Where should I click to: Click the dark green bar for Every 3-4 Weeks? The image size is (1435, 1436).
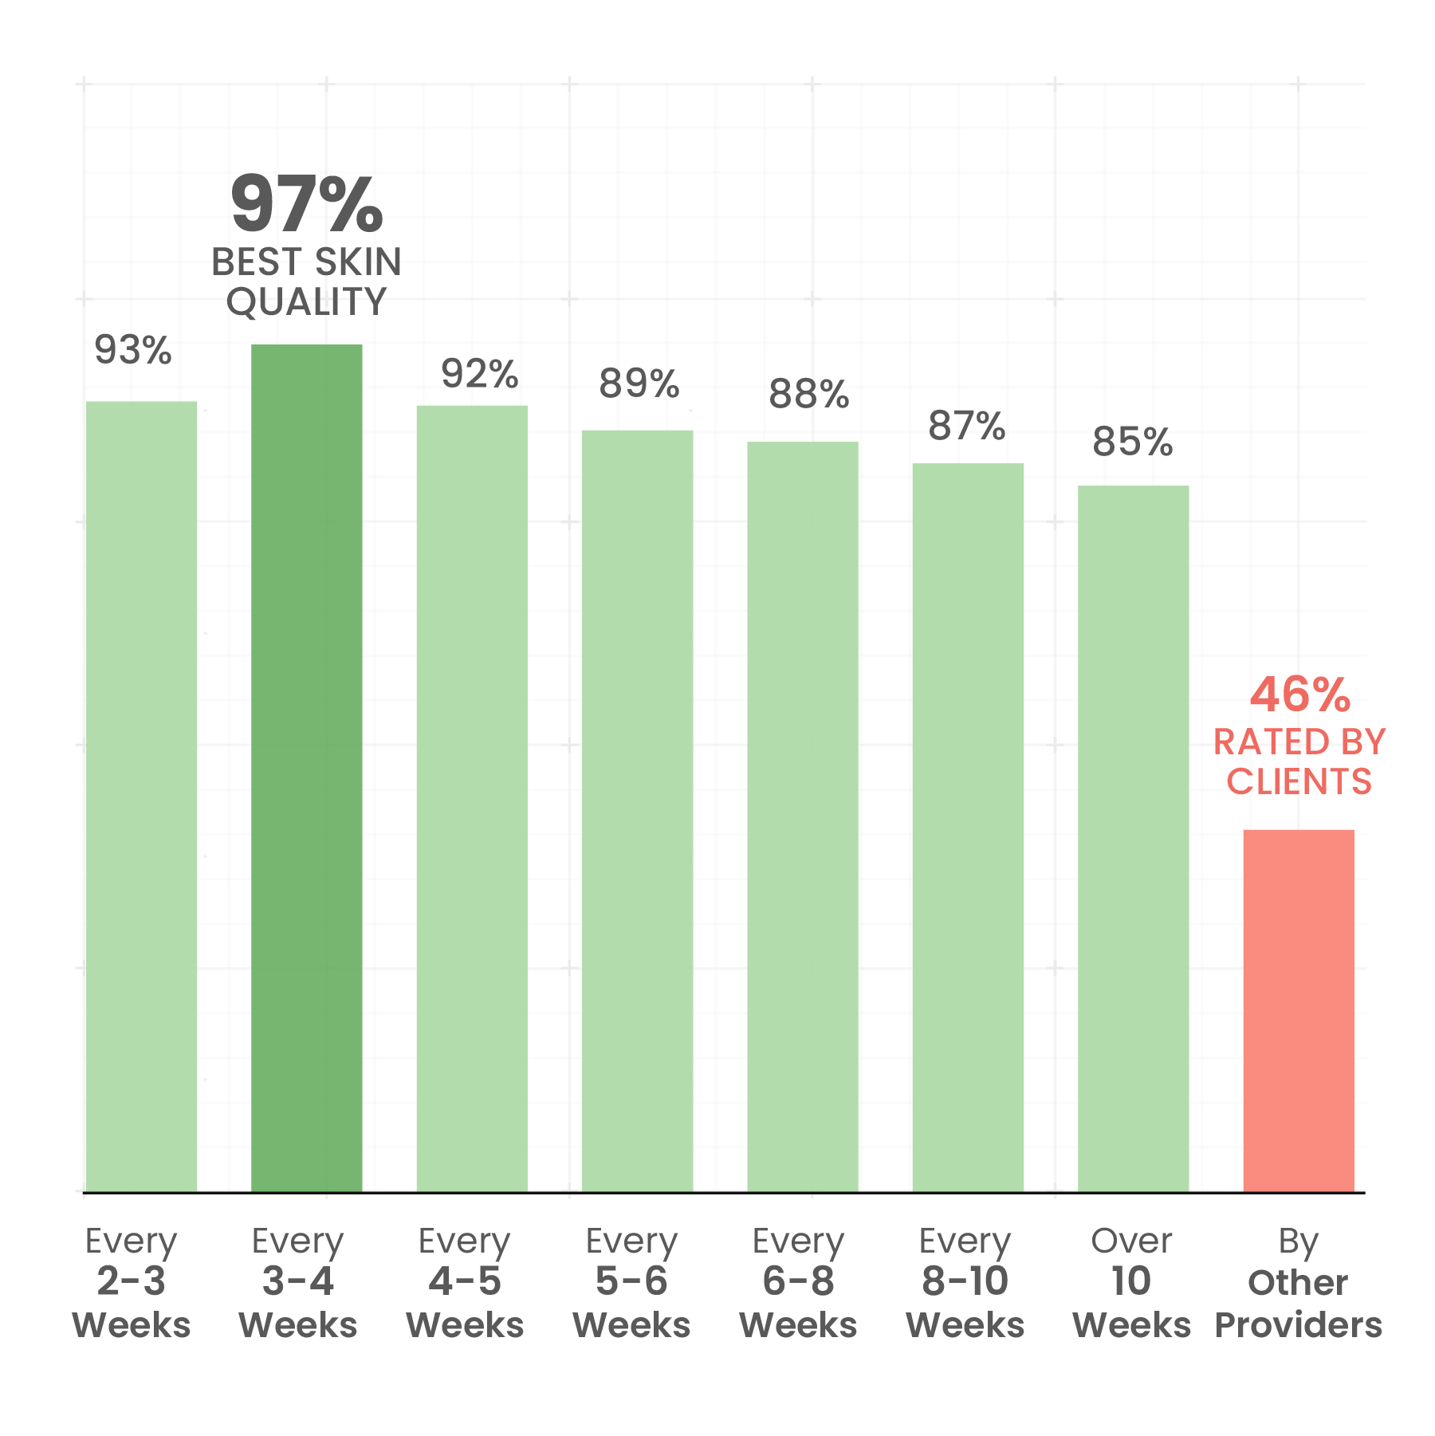click(x=306, y=768)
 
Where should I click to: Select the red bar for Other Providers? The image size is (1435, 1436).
click(x=1298, y=1010)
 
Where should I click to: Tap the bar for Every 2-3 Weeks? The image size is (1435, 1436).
click(x=141, y=797)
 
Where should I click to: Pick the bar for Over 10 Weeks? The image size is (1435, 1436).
click(x=1133, y=838)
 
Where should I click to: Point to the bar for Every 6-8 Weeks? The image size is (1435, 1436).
click(x=802, y=816)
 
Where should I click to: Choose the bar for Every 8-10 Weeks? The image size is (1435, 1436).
click(x=967, y=827)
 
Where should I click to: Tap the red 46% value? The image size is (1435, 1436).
click(x=1299, y=694)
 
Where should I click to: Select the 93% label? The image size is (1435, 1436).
click(x=133, y=350)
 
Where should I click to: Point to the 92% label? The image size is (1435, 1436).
click(x=480, y=374)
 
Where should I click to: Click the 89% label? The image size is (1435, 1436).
click(x=639, y=384)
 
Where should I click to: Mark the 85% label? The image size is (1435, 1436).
click(x=1133, y=442)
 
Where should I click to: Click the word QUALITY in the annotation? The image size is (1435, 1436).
click(x=307, y=302)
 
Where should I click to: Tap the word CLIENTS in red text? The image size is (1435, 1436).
click(x=1299, y=782)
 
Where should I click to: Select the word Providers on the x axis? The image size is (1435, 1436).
click(x=1298, y=1325)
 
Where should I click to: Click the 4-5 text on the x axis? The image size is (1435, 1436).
click(x=465, y=1281)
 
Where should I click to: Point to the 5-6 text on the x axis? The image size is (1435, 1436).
click(x=631, y=1281)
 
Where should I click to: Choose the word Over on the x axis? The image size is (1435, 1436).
click(x=1131, y=1241)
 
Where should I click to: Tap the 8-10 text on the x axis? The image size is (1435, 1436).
click(x=965, y=1281)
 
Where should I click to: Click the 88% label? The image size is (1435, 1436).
click(x=809, y=395)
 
